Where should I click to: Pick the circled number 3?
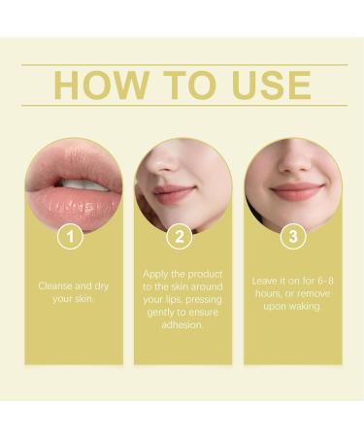[x=292, y=235]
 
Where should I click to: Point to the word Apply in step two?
[x=158, y=274]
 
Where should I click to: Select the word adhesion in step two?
[x=182, y=325]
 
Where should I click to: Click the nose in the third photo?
[x=293, y=163]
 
